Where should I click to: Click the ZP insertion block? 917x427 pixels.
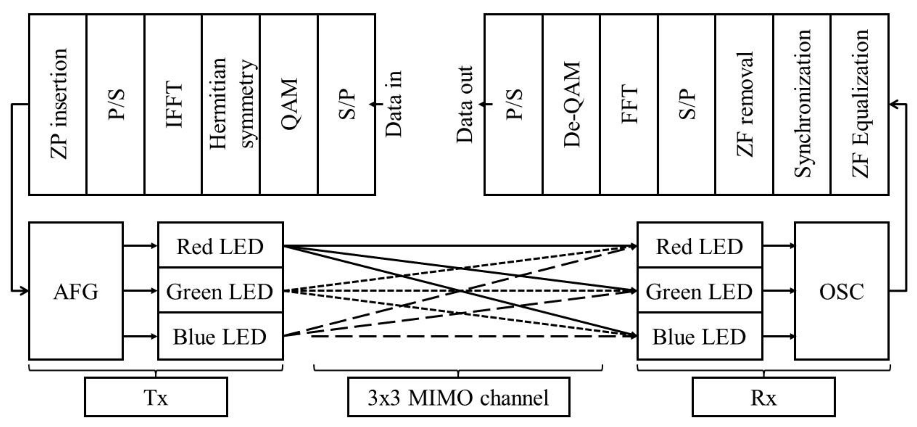pos(58,104)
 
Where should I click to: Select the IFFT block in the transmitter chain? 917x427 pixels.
pos(173,104)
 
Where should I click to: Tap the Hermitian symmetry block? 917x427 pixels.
pos(231,104)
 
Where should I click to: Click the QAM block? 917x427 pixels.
pos(289,104)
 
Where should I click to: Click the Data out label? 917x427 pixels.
pos(464,104)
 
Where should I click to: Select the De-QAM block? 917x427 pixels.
pos(571,104)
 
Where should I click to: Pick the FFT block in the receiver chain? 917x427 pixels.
pos(629,104)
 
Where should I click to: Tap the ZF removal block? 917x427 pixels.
pos(744,104)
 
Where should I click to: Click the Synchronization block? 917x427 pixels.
pos(802,104)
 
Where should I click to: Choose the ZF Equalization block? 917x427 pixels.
pos(860,104)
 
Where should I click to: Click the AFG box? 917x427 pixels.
pos(76,291)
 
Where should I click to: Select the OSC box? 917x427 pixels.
pos(842,291)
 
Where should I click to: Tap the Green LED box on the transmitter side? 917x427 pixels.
pos(220,291)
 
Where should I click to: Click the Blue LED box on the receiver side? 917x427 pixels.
pos(700,336)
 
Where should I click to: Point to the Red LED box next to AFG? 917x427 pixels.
pos(220,246)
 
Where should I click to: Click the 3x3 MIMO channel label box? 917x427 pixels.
pos(459,397)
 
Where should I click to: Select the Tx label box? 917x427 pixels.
pos(156,397)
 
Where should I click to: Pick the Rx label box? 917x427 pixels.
pos(764,397)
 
